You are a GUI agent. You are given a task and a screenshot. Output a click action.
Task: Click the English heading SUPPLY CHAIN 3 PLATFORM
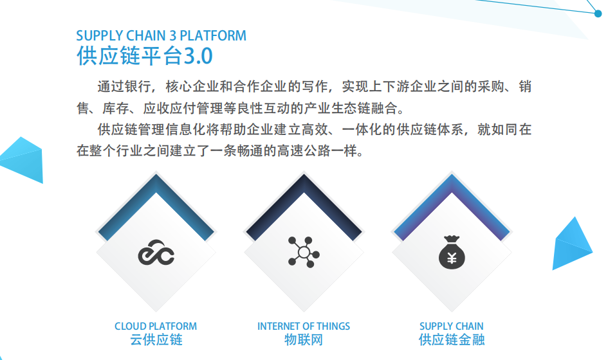click(x=161, y=35)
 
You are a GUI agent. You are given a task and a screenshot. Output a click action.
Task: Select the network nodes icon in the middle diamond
click(x=304, y=252)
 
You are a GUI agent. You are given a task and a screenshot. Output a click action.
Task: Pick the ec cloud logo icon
click(x=156, y=252)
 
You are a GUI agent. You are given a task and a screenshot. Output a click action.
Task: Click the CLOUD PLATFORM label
click(x=156, y=326)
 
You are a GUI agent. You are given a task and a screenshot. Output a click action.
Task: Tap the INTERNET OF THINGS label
click(x=304, y=326)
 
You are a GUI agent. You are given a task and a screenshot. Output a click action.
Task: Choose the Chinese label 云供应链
click(x=156, y=339)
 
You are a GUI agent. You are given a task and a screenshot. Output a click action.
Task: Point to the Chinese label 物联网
click(x=304, y=339)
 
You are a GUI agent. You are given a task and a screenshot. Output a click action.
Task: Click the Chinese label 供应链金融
click(x=452, y=339)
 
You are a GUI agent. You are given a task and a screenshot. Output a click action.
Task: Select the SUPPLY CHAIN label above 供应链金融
click(x=452, y=326)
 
